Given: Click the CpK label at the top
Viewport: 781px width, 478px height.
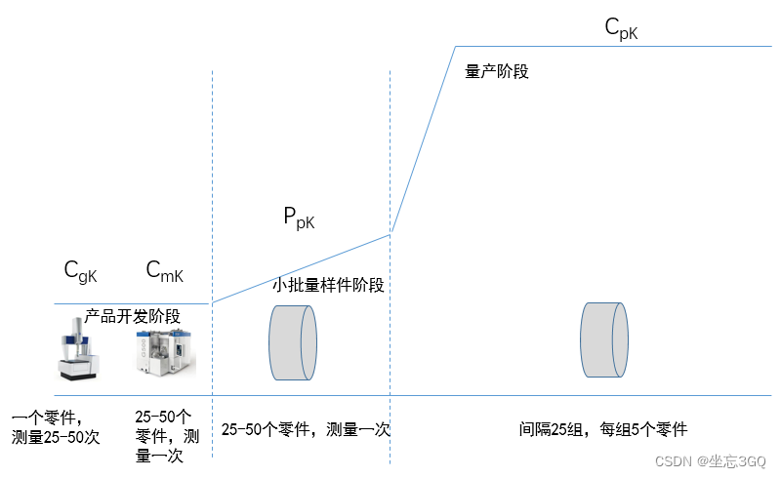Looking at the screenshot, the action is click(x=621, y=29).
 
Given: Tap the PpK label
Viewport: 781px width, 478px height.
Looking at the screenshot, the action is click(x=299, y=219).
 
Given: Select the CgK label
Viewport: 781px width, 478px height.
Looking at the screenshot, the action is click(x=80, y=272).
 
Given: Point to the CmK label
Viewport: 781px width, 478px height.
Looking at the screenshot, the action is click(x=164, y=272).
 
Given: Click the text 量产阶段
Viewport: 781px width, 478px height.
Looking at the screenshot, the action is click(x=497, y=71).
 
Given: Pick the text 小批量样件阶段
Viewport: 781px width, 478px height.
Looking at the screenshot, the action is click(x=328, y=286).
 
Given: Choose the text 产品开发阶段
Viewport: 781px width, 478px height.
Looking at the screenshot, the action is click(x=133, y=315).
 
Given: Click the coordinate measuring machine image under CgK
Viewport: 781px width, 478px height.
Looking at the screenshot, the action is click(x=79, y=350).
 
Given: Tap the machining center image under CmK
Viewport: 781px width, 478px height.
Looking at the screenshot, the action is click(x=165, y=352).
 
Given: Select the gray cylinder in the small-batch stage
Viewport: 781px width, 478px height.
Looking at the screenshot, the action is click(x=293, y=342).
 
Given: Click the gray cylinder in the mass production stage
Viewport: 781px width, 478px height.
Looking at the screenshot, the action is click(x=603, y=339).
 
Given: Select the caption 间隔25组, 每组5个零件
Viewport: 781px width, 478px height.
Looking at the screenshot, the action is click(x=603, y=429).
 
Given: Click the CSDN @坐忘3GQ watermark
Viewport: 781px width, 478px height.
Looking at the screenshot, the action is click(x=710, y=460).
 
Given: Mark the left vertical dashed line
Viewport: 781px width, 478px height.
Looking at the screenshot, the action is click(x=212, y=195).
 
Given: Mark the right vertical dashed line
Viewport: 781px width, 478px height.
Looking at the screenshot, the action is click(x=390, y=146).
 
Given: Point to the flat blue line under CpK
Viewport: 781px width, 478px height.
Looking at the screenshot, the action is click(x=615, y=46).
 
